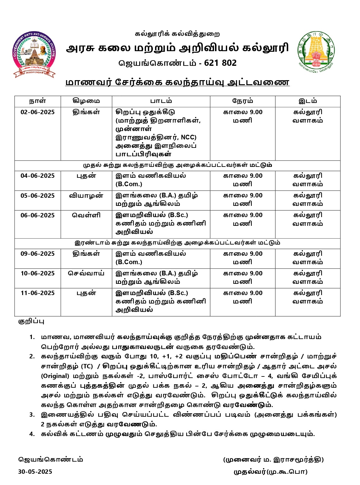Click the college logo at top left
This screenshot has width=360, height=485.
coord(34,55)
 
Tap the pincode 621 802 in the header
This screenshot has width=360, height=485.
coord(220,63)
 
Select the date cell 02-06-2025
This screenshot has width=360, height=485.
coord(37,112)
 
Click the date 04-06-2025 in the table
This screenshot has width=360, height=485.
coord(37,176)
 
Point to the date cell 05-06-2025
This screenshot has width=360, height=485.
coord(37,196)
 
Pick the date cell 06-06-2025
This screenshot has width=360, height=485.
coord(37,215)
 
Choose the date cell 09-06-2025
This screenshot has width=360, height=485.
coord(37,254)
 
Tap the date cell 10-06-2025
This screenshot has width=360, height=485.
coord(37,274)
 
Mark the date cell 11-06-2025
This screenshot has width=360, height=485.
coord(37,293)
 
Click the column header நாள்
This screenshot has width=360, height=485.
coord(37,101)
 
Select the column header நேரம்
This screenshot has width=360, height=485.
coord(242,101)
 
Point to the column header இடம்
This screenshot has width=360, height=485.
coord(308,101)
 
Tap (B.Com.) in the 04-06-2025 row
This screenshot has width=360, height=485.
coord(129,184)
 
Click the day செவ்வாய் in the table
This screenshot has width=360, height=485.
coord(86,274)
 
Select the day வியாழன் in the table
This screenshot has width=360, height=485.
coord(86,196)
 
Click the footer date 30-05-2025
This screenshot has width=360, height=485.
coord(35,472)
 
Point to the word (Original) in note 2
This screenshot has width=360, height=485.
coord(55,376)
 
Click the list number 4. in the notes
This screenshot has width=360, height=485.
coord(32,434)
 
